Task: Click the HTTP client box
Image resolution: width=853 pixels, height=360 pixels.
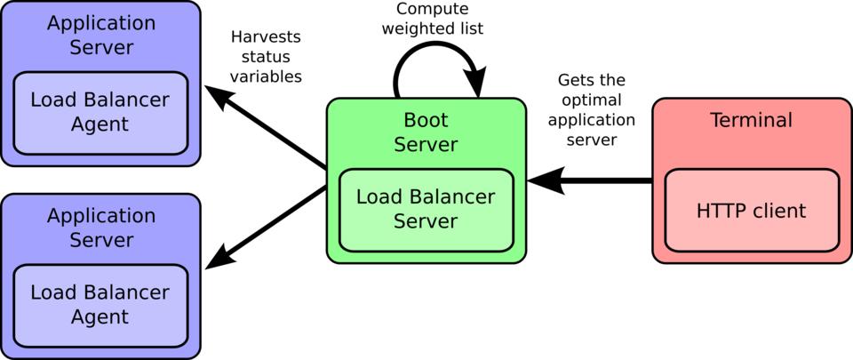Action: click(752, 210)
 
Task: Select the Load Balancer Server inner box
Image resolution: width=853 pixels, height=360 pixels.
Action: click(426, 209)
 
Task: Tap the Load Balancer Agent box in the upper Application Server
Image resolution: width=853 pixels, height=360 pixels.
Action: click(100, 113)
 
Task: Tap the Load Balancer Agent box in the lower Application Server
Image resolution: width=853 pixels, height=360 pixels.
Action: click(100, 305)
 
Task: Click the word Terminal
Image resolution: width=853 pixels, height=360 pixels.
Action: click(751, 120)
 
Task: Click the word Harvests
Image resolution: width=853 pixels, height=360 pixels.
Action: click(266, 37)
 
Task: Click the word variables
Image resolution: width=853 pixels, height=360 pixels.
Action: click(266, 76)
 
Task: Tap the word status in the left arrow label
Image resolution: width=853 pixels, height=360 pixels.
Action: click(266, 57)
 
